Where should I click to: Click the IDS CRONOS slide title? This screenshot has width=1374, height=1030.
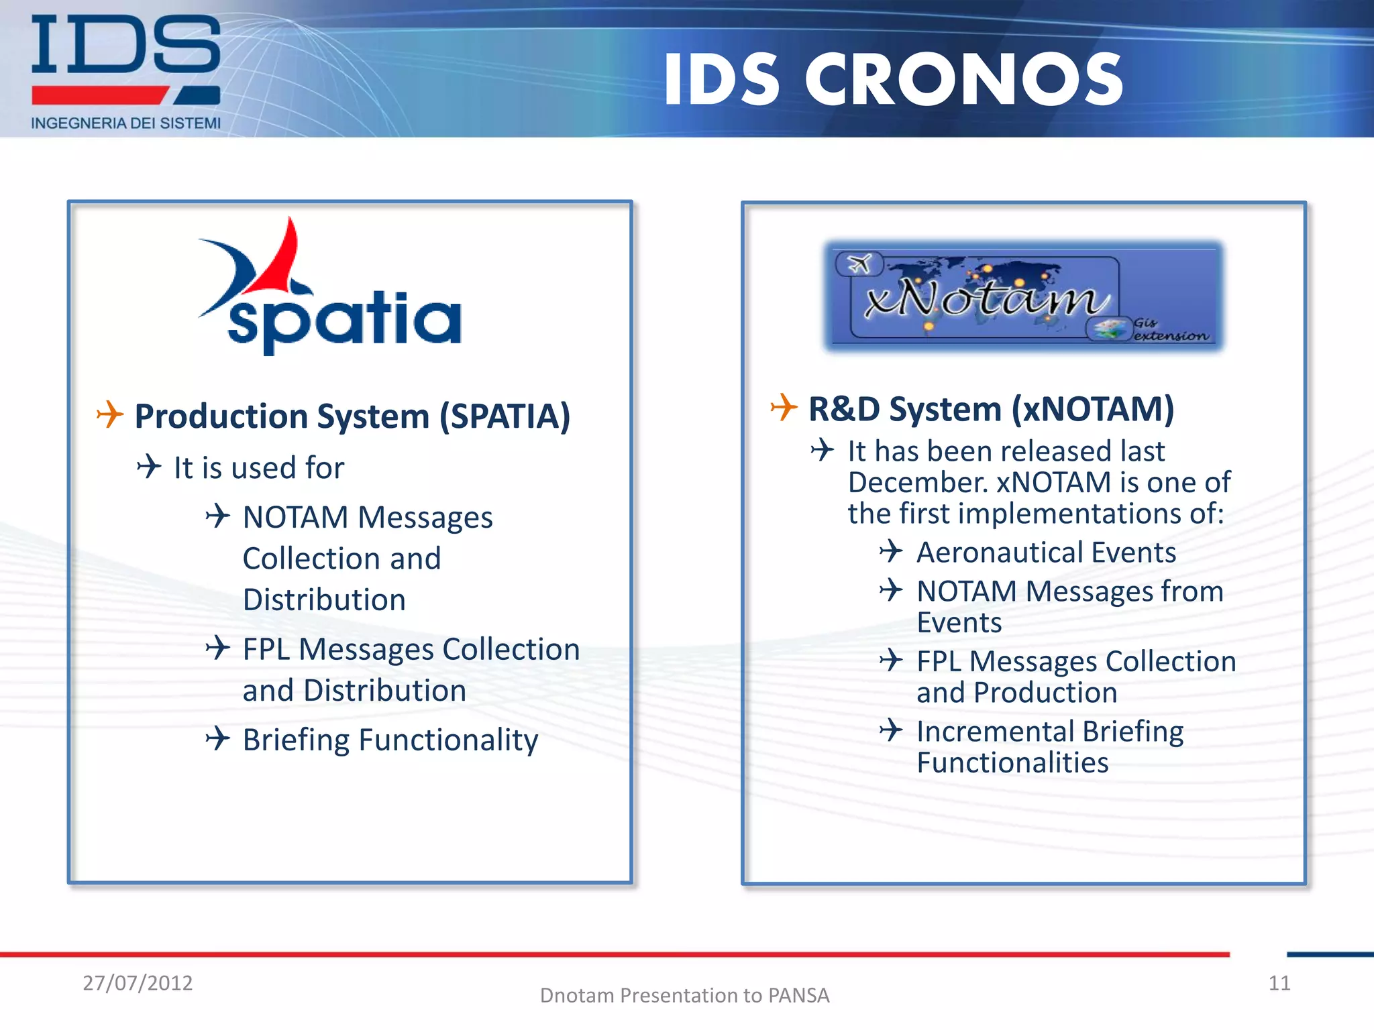click(x=892, y=80)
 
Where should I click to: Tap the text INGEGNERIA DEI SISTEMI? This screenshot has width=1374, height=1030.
click(x=125, y=123)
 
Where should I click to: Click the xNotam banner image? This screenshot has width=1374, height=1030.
click(x=1023, y=295)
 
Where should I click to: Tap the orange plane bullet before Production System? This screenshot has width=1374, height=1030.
click(x=110, y=414)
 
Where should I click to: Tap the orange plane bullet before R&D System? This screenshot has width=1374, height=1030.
click(x=784, y=407)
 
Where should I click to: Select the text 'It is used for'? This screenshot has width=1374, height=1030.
click(x=258, y=467)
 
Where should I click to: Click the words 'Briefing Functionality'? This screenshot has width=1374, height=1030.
click(x=390, y=740)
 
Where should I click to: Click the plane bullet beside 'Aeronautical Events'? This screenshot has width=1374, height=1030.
click(x=891, y=551)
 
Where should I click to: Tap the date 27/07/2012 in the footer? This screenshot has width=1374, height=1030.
click(x=138, y=983)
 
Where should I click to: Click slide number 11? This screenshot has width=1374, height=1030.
click(x=1279, y=983)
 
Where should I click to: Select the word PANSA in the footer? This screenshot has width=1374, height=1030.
click(x=798, y=996)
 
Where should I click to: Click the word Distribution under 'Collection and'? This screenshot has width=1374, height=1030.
click(x=324, y=599)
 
